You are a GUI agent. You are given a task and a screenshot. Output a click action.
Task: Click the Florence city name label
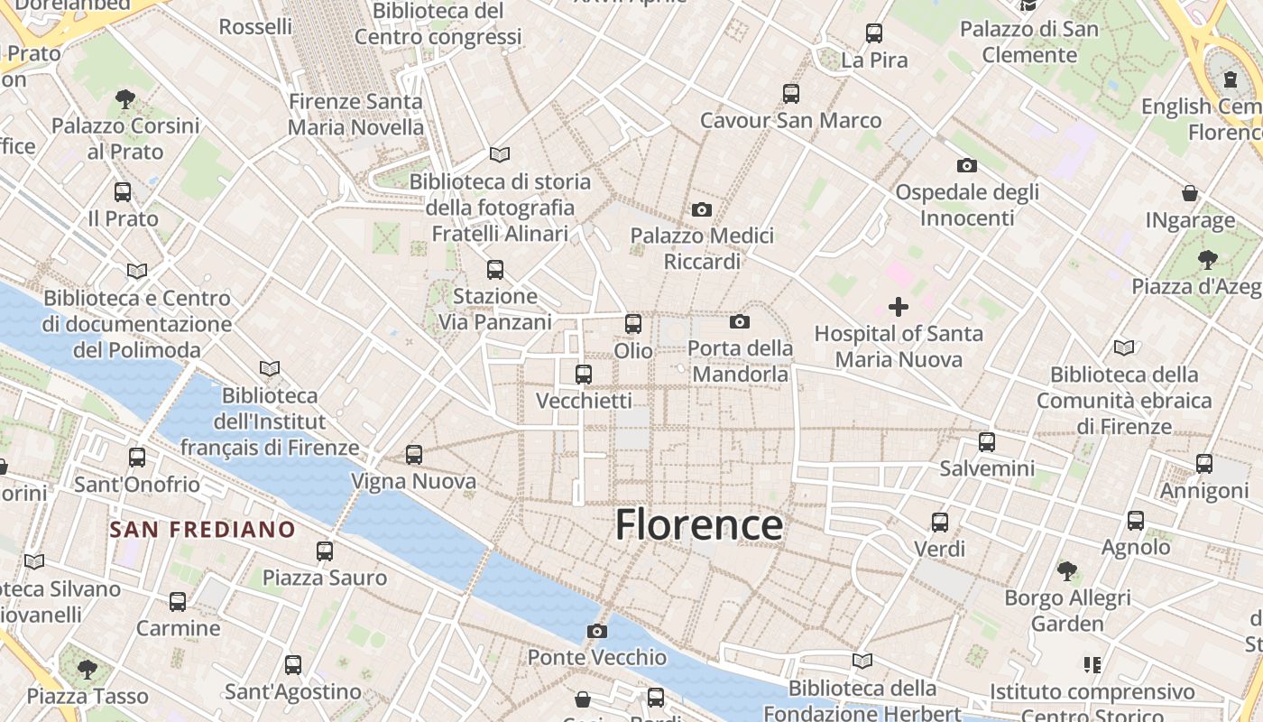(x=698, y=525)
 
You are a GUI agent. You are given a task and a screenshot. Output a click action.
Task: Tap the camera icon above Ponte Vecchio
(x=596, y=631)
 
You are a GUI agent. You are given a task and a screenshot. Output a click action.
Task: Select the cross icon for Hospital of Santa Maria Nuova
(x=899, y=307)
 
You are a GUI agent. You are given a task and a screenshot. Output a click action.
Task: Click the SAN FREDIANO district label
(x=203, y=530)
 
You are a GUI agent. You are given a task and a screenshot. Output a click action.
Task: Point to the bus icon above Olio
(x=633, y=323)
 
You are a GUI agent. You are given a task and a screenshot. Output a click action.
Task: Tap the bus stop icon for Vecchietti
(x=584, y=374)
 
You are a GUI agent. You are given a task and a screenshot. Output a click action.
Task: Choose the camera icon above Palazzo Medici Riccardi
(x=702, y=209)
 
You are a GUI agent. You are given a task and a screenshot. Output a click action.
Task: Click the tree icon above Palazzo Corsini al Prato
(x=125, y=99)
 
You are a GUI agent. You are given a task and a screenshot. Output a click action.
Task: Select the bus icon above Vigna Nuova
(x=414, y=455)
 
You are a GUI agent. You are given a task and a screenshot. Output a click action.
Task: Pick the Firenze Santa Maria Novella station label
(x=355, y=115)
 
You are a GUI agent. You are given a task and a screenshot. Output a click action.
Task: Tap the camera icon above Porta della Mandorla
(x=740, y=321)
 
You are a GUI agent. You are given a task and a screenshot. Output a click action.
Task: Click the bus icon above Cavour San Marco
(x=791, y=93)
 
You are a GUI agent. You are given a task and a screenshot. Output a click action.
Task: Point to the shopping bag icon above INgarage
(x=1190, y=193)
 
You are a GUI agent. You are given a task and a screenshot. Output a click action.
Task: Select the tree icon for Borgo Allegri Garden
(x=1067, y=570)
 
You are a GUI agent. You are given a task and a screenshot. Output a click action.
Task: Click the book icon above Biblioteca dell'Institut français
(x=269, y=368)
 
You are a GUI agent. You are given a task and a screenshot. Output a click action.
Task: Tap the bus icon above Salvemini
(x=987, y=442)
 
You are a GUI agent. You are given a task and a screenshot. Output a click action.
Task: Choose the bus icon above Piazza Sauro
(x=325, y=551)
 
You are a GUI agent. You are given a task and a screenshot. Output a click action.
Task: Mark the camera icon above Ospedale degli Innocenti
(x=967, y=165)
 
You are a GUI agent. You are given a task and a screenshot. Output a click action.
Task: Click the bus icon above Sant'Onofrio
(x=137, y=458)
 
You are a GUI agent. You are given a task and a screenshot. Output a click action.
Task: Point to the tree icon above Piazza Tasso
(x=88, y=669)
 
